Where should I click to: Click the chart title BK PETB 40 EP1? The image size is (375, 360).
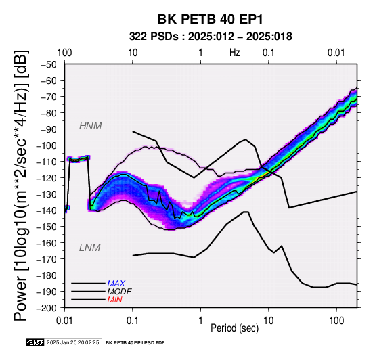tap(211, 19)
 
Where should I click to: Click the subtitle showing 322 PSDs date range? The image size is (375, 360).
tap(211, 37)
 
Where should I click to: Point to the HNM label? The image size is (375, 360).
tap(91, 126)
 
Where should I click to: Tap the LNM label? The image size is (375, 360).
tap(89, 248)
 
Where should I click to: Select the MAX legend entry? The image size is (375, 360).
tap(116, 284)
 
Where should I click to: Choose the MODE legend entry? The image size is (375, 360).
tap(119, 292)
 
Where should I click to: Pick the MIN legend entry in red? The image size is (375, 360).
tap(114, 300)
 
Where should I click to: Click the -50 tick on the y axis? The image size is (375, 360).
tap(49, 64)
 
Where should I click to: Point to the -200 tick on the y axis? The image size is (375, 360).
tap(47, 308)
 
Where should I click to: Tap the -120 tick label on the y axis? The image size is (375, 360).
tap(47, 178)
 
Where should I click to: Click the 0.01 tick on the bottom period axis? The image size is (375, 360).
tap(64, 321)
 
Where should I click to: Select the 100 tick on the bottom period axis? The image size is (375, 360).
tap(336, 321)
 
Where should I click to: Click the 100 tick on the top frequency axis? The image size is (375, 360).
tap(64, 53)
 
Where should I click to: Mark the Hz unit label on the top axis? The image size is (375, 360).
tap(235, 53)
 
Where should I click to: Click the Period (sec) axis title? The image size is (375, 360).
tap(235, 328)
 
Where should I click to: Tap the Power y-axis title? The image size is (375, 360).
tap(20, 185)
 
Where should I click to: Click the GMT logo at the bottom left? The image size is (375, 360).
tap(35, 342)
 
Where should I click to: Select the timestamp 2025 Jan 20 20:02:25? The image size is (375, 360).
tap(72, 342)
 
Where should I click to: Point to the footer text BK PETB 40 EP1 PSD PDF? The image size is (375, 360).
tap(135, 343)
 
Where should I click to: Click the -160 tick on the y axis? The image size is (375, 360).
tap(47, 243)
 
